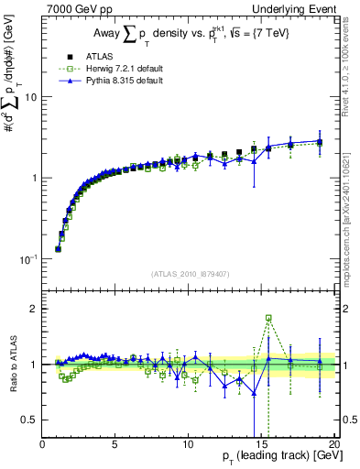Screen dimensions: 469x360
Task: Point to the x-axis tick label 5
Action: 115,442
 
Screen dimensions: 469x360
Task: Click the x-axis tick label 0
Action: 42,442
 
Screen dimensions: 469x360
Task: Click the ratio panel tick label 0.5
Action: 29,420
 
